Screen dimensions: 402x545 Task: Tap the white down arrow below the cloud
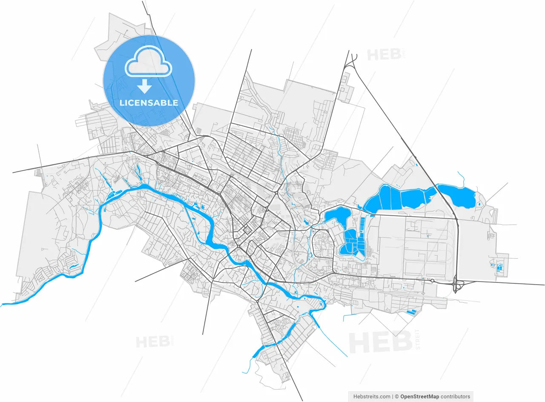144,86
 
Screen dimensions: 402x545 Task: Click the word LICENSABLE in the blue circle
149,103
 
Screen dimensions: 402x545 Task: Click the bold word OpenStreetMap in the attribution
419,396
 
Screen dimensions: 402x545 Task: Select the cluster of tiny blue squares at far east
499,267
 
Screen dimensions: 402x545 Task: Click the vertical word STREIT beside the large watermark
417,339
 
